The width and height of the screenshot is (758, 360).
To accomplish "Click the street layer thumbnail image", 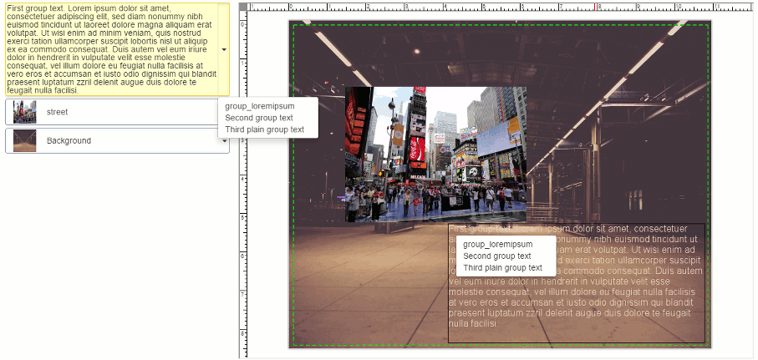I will tap(25, 112).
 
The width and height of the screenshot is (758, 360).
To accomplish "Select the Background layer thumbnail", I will tap(25, 140).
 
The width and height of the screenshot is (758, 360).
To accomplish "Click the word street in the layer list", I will tap(58, 112).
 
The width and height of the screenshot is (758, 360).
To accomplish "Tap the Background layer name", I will tap(69, 140).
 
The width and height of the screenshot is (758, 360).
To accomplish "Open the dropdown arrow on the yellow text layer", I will tap(224, 49).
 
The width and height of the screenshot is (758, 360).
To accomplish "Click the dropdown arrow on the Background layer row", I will tap(224, 140).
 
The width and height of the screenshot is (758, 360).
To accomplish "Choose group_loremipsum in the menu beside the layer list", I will tap(260, 106).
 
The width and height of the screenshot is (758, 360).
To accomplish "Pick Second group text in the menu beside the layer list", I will tap(259, 118).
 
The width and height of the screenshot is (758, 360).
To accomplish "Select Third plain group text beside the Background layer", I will tap(265, 129).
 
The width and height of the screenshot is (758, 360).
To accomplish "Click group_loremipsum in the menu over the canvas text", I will tap(498, 244).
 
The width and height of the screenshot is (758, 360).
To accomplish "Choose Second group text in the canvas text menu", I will tap(497, 256).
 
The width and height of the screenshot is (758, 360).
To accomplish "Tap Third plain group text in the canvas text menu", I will tap(503, 268).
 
